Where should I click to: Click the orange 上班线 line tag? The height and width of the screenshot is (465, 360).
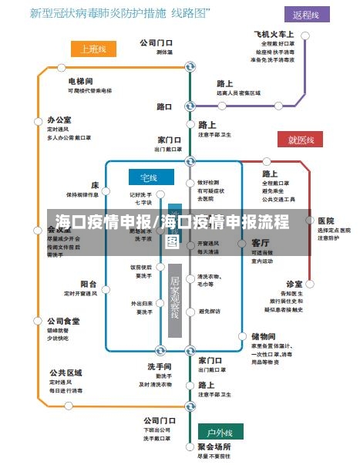pos(93,49)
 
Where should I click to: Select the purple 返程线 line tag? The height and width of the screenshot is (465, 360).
pos(311,15)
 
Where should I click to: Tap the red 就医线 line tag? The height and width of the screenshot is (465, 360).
pos(301,140)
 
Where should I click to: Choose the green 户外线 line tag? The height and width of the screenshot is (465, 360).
pos(220,430)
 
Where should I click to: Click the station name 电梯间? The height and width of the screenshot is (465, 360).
pos(80,81)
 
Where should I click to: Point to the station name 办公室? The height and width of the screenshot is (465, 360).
pos(59,120)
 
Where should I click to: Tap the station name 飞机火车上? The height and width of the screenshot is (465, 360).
pos(274,35)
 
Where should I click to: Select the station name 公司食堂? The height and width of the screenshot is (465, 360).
pos(63,321)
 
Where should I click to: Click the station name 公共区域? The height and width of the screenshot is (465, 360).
pos(66,372)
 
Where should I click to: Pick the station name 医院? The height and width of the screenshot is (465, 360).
pos(325,221)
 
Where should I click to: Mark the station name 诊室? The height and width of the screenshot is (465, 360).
pos(294,284)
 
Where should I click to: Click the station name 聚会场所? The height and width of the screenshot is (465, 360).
pos(214,446)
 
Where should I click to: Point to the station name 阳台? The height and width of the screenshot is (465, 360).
pos(89,284)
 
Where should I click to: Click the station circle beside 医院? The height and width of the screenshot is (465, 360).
pos(310,221)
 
